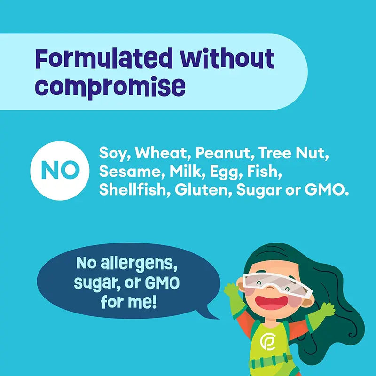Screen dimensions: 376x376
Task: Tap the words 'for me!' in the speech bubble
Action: point(127,301)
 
